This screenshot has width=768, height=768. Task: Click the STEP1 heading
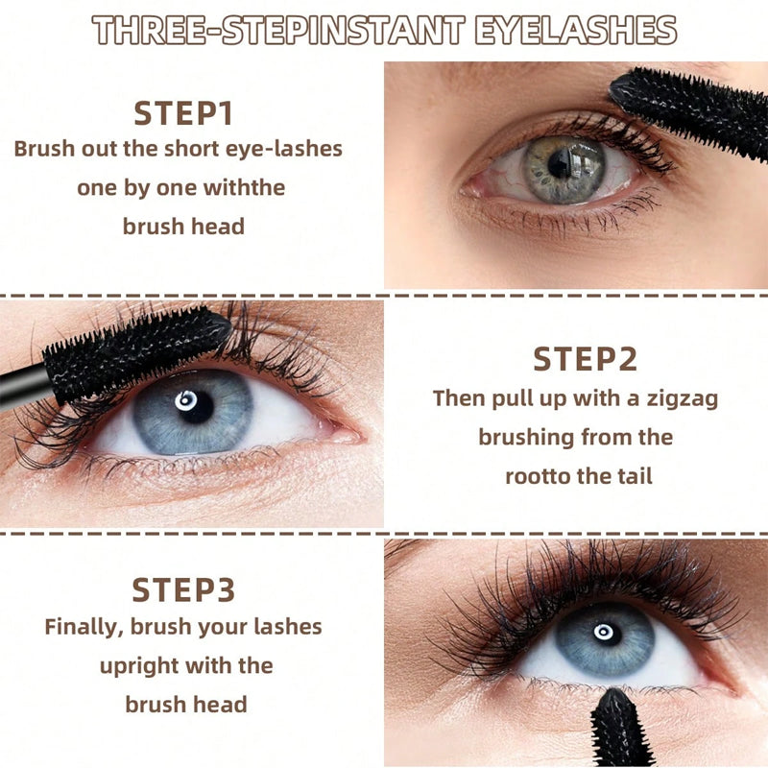tap(183, 113)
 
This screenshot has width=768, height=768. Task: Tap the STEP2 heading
tap(586, 359)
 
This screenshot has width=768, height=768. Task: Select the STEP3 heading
tap(183, 589)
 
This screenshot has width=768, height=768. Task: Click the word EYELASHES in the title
tap(576, 31)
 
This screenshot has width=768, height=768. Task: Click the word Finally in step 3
tap(84, 628)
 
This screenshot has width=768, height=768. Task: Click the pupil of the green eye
tap(560, 164)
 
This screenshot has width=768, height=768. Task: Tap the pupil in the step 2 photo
tap(196, 405)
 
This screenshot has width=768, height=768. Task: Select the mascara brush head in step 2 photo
tap(137, 351)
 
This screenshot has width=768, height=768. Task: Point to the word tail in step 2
tap(635, 476)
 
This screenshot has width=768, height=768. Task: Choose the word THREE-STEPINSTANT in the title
tap(278, 31)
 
